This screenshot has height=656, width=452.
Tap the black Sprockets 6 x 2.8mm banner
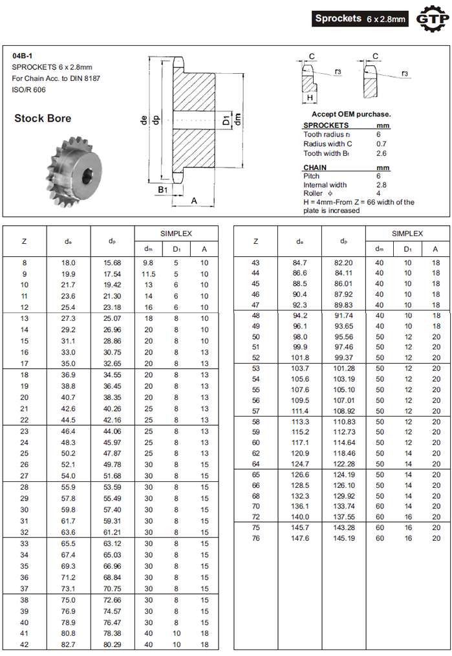pos(360,19)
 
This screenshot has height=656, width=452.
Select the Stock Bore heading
pos(43,118)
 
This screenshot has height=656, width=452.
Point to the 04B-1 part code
pos(22,56)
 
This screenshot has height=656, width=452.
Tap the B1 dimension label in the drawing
pos(163,190)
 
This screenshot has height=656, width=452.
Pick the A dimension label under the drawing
pos(193,201)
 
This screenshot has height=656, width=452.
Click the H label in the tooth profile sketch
pos(310,98)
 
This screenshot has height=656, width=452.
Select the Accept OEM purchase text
pos(351,115)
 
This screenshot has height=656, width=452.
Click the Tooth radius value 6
pos(378,135)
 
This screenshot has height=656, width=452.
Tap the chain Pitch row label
pos(312,176)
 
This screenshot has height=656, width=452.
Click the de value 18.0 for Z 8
pos(69,263)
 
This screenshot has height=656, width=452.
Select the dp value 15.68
pos(113,263)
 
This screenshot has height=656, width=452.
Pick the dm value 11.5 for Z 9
pos(148,274)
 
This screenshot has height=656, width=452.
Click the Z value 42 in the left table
pos(25,645)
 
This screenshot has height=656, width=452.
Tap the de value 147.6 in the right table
pos(300,538)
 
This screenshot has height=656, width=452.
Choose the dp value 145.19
pos(343,538)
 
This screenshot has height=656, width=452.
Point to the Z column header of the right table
pos(256,241)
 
